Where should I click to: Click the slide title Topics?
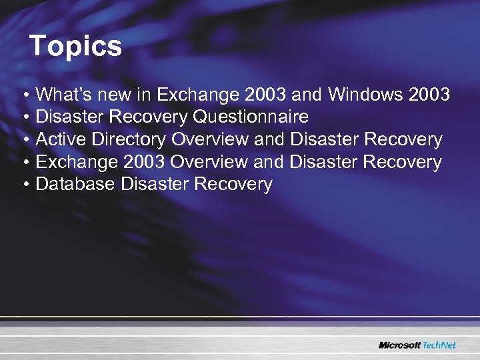[x=76, y=47]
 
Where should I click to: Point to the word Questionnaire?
[x=251, y=117]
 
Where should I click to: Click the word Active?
[x=56, y=139]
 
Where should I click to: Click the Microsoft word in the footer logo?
[x=400, y=345]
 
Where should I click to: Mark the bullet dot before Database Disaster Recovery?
[x=24, y=185]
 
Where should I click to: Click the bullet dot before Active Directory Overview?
[x=24, y=140]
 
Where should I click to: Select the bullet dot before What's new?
[x=24, y=95]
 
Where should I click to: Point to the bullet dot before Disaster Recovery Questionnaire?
[x=24, y=118]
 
